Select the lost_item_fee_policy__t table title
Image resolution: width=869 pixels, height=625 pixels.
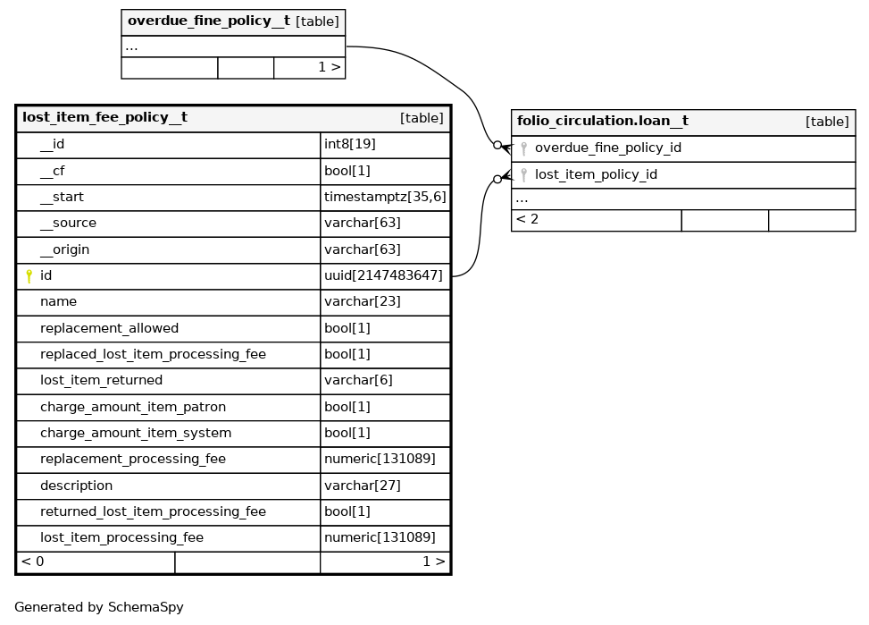coord(104,117)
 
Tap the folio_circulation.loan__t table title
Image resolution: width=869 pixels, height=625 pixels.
coord(602,121)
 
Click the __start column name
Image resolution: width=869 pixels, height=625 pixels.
coord(62,197)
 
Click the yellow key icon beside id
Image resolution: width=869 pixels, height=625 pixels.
coord(29,276)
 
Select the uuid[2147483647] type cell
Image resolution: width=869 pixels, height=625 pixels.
coord(383,275)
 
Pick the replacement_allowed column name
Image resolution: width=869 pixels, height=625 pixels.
coord(109,328)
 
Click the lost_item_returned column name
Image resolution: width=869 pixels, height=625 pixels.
coord(101,380)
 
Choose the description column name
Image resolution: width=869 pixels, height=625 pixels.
coord(76,486)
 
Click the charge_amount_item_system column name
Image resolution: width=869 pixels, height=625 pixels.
coord(135,433)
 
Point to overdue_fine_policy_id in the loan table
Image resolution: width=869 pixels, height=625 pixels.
coord(607,148)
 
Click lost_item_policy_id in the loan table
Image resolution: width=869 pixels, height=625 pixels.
coord(596,174)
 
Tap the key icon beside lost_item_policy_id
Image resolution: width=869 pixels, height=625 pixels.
coord(523,175)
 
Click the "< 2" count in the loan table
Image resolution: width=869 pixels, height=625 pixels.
coord(527,219)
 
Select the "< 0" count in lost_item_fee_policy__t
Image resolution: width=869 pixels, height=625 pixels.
coord(33,562)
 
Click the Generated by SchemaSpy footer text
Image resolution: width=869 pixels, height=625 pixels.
coord(98,607)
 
